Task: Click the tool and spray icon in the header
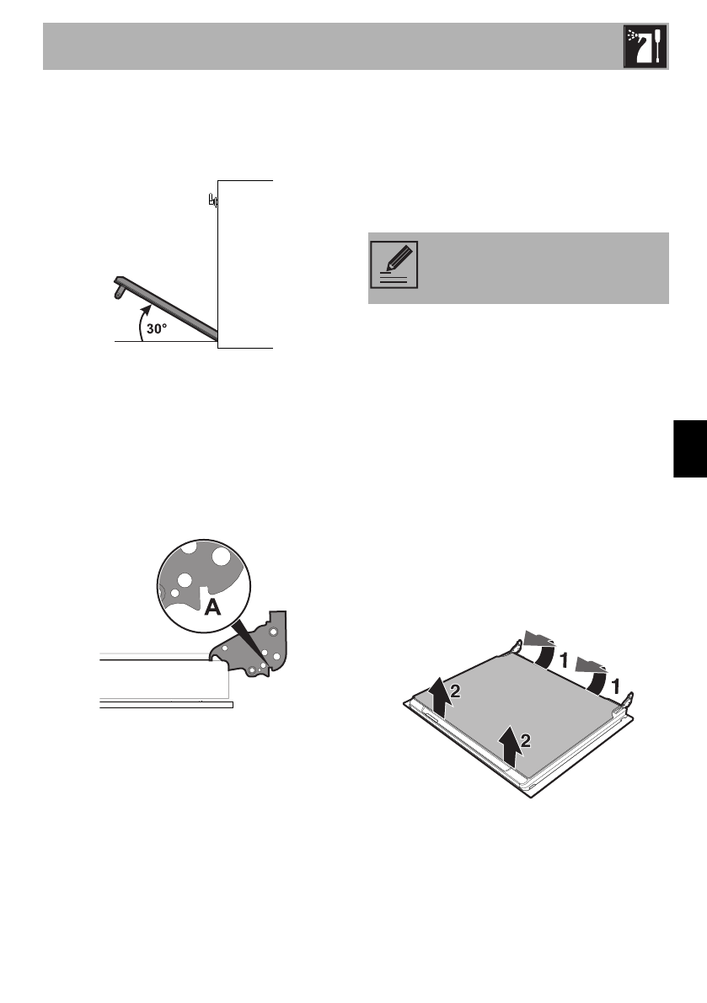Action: point(645,47)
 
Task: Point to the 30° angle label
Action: point(158,330)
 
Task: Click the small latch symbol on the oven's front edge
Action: point(212,200)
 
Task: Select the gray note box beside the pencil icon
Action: point(539,268)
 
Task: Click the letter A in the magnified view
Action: point(212,607)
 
